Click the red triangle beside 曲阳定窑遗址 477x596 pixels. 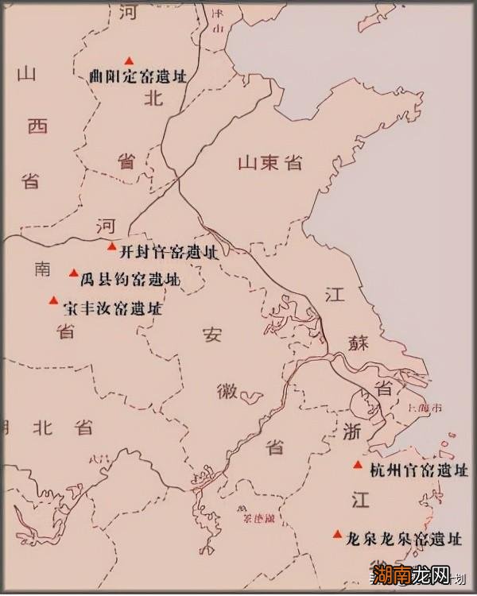coord(128,60)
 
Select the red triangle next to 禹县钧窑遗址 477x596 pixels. coord(74,273)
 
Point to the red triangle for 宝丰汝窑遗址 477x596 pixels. coord(53,300)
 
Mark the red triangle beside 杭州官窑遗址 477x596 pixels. coord(359,465)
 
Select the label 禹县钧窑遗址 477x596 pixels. coord(130,280)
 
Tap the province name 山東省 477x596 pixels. coord(270,163)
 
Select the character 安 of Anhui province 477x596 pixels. coord(211,335)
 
